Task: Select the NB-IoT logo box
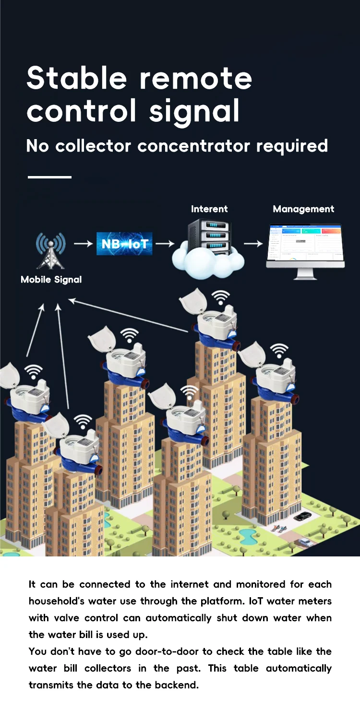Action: pos(124,245)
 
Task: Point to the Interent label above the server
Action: pos(209,209)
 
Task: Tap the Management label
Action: pos(303,209)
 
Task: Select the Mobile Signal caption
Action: pos(51,280)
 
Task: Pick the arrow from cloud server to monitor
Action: pos(253,244)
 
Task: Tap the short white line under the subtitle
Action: pos(49,177)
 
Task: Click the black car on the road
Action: pos(302,517)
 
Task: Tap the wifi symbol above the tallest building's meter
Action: pos(220,297)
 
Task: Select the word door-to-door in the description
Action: pos(178,651)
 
